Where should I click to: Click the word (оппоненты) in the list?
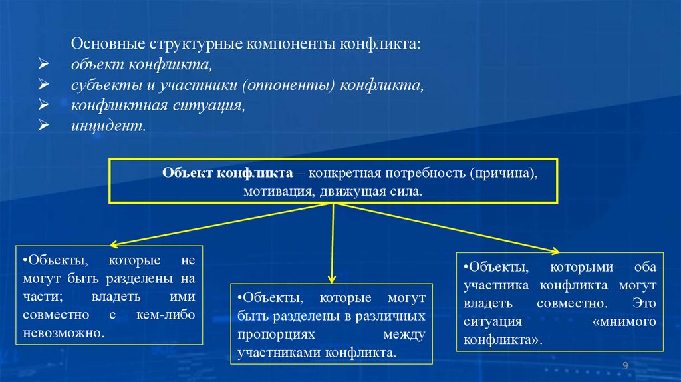[x=289, y=86]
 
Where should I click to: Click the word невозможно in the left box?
[x=64, y=331]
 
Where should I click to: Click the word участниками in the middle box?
[x=277, y=351]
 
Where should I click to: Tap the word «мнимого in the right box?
[x=623, y=321]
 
